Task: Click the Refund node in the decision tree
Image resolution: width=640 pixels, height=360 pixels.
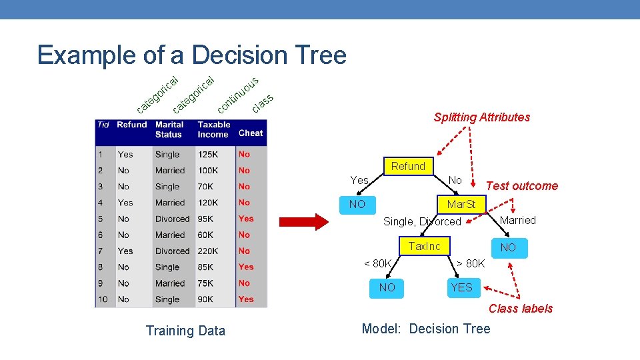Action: [408, 167]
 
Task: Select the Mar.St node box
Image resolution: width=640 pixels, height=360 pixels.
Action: [461, 204]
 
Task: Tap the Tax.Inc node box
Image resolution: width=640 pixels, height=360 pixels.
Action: [425, 246]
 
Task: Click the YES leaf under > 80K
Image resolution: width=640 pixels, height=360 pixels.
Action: [461, 287]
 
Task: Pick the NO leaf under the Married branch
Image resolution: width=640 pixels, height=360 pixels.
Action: [508, 247]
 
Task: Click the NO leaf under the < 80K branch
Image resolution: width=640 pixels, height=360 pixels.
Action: [387, 287]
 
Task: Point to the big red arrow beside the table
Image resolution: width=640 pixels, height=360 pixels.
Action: [303, 223]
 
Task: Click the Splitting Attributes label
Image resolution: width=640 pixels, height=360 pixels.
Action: [481, 117]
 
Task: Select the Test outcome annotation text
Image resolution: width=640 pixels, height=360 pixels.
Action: [522, 186]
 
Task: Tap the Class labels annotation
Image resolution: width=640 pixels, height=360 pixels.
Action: [521, 308]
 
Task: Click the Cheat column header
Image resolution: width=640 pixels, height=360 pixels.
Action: [251, 133]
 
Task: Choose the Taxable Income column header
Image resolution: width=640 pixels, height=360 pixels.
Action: [214, 129]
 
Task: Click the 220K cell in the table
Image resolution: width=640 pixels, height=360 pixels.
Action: [208, 251]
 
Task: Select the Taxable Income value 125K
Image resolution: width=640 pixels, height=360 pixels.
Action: [207, 155]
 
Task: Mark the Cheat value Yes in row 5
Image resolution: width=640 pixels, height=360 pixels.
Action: [246, 219]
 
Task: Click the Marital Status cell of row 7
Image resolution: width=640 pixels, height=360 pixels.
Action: [172, 251]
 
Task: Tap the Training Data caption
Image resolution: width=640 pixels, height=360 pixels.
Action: [185, 331]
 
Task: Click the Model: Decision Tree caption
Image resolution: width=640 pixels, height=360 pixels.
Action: [425, 329]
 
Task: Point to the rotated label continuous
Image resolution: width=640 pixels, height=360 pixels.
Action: [238, 95]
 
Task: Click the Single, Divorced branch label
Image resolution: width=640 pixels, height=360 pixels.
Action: [422, 221]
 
